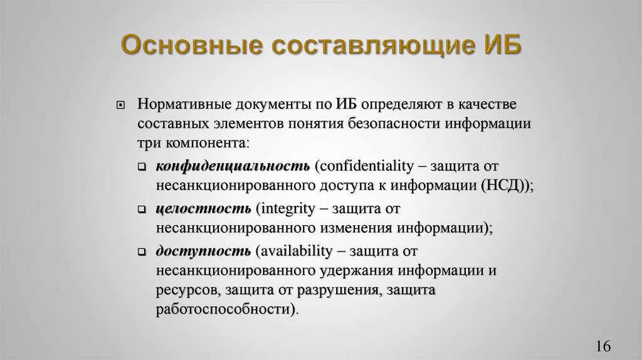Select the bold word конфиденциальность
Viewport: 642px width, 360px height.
point(233,166)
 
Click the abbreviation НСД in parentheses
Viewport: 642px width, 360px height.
point(503,186)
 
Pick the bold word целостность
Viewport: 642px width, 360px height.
point(203,208)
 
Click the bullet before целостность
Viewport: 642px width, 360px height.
point(142,209)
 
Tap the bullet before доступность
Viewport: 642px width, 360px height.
point(142,251)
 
